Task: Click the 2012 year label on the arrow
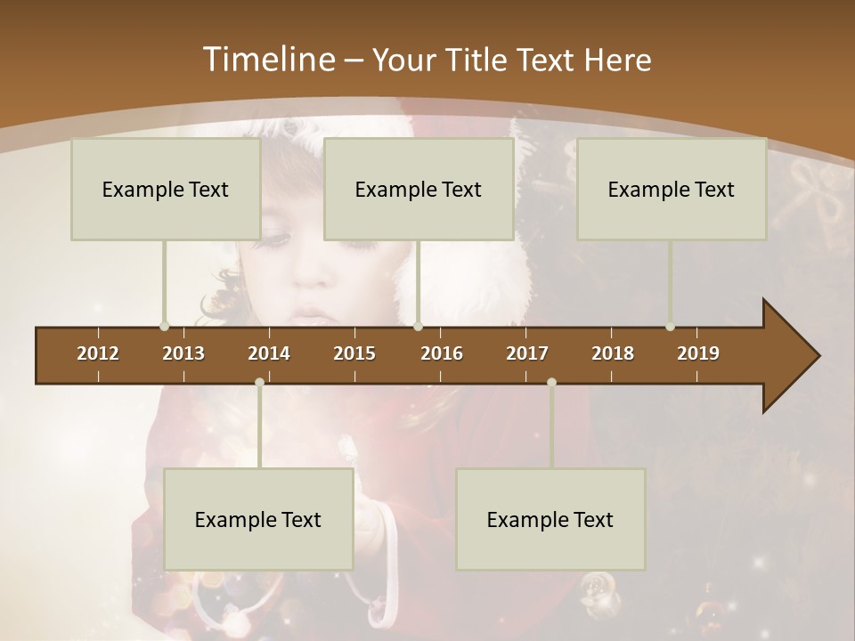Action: tap(98, 353)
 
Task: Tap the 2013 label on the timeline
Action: tap(183, 353)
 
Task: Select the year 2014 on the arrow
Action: tap(269, 353)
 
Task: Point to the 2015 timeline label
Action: tap(354, 353)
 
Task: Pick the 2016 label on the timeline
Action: tap(442, 353)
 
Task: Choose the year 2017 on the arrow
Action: tap(527, 353)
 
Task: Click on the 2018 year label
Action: tap(613, 353)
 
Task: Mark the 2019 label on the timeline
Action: tap(698, 353)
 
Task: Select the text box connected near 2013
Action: tap(166, 189)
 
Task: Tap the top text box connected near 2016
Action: tap(419, 189)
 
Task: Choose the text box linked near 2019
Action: tap(672, 189)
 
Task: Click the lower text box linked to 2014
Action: tap(258, 519)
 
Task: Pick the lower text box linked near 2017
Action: tap(550, 519)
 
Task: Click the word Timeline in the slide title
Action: tap(266, 60)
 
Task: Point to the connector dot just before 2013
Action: tap(165, 326)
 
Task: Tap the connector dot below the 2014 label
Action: tap(259, 382)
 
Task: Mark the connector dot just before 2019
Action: tap(671, 326)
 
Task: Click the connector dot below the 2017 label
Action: tap(551, 382)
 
